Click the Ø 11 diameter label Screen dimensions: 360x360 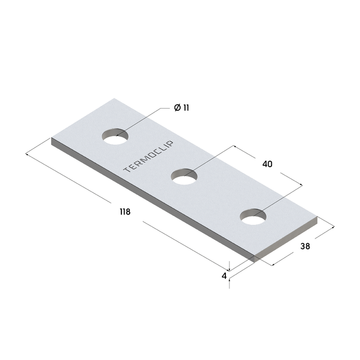pos(181,108)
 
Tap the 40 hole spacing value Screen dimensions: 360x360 pos(267,164)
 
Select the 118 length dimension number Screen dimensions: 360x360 pos(125,212)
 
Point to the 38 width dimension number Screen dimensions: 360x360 pos(305,246)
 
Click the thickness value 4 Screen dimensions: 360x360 pos(224,275)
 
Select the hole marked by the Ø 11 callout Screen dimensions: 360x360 pos(115,136)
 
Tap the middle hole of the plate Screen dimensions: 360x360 pos(184,177)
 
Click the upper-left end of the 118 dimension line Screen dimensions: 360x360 pos(27,155)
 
